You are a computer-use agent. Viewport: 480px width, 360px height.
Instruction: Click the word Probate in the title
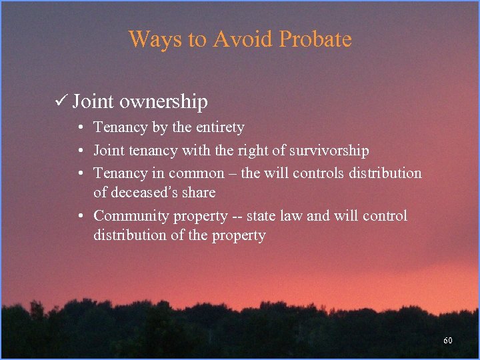click(315, 39)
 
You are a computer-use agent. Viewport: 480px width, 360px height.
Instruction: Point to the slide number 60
click(448, 341)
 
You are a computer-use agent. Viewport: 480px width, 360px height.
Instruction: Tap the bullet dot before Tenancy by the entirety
click(80, 127)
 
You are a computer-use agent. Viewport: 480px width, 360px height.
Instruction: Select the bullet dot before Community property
click(80, 216)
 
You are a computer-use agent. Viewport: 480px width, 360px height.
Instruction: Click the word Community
click(131, 216)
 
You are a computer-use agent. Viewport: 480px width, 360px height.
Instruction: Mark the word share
click(199, 193)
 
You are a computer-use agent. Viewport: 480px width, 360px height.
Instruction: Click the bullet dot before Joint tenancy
click(80, 151)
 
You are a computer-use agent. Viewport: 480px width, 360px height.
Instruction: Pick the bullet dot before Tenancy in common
click(80, 173)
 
